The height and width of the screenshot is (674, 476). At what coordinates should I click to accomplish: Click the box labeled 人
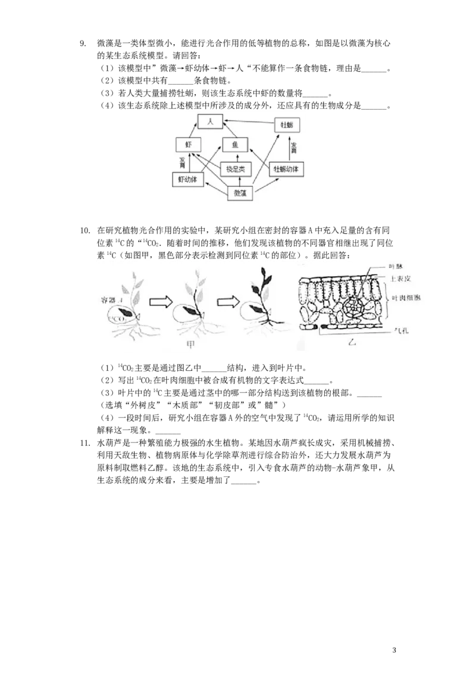point(209,121)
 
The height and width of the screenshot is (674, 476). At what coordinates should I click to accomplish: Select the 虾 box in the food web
point(189,144)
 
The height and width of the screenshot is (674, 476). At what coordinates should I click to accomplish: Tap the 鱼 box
point(234,144)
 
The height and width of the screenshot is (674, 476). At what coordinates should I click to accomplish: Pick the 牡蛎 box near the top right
point(286,125)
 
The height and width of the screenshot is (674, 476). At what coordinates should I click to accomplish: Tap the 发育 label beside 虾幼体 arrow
point(183,161)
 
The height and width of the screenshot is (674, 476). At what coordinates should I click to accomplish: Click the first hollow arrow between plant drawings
point(159,303)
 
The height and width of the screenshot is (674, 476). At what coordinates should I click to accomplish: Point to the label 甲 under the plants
point(190,344)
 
